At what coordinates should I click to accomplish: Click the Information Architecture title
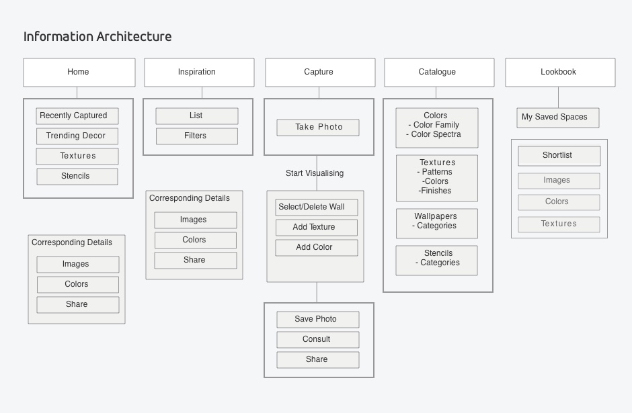tap(97, 37)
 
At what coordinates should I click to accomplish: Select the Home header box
tap(79, 73)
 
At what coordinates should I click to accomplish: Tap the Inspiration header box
tap(199, 73)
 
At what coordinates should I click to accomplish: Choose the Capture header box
tap(320, 73)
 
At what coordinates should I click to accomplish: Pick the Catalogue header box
tap(439, 73)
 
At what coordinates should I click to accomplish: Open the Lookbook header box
tap(560, 73)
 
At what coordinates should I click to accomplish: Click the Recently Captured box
tap(77, 116)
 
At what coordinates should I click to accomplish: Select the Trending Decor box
tap(77, 136)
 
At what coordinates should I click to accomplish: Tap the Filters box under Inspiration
tap(197, 136)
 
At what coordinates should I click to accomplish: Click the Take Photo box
tap(317, 127)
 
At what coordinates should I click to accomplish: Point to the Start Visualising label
tap(315, 173)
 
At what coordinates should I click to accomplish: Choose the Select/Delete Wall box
tap(317, 208)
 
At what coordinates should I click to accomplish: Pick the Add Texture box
tap(317, 228)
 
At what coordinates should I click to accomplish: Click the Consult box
tap(317, 340)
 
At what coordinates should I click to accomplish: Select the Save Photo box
tap(317, 320)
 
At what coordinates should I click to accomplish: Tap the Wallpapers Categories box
tap(437, 224)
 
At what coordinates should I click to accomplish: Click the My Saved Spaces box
tap(558, 118)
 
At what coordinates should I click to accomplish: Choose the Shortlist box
tap(559, 156)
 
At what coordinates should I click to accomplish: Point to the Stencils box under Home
tap(77, 177)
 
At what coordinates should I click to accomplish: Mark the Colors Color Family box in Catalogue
tap(437, 128)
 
